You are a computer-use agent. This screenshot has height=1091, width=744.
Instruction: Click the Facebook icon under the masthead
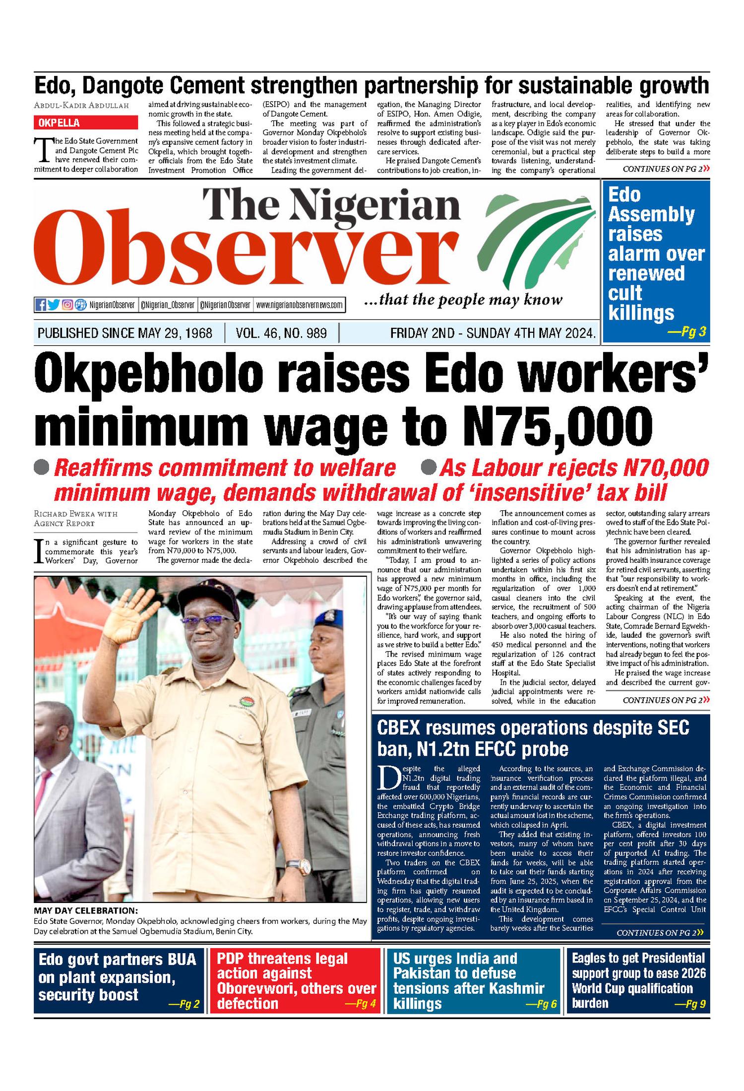(x=41, y=304)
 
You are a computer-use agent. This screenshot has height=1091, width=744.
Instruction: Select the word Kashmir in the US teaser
(x=518, y=988)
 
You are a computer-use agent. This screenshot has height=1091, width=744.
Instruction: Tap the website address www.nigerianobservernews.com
(x=299, y=305)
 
